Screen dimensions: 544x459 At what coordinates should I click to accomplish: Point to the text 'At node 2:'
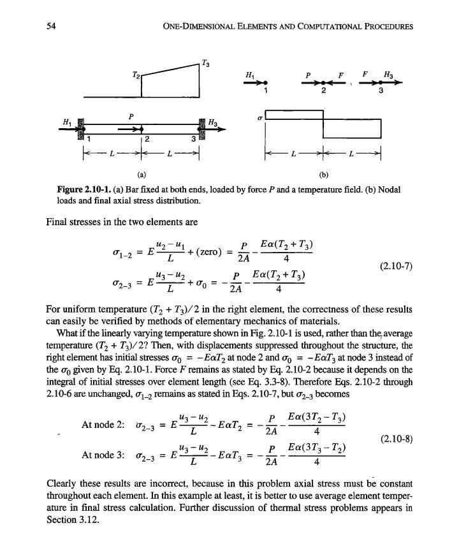pyautogui.click(x=103, y=426)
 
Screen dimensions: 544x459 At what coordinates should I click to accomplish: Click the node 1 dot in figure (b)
pyautogui.click(x=266, y=83)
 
